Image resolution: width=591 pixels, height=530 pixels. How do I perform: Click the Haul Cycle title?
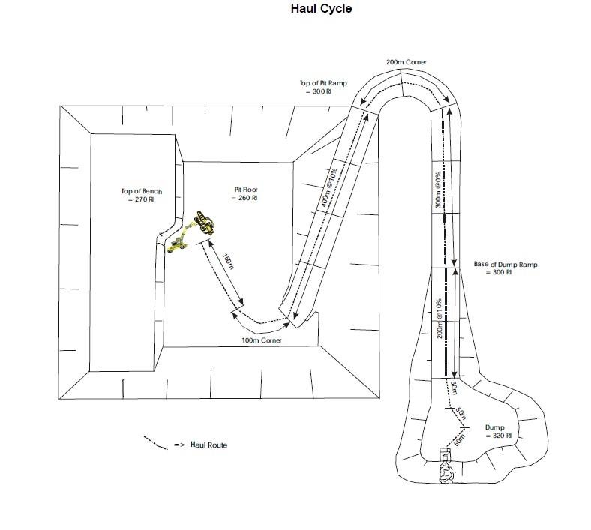pos(321,10)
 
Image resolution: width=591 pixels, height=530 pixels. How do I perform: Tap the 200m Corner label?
pos(406,61)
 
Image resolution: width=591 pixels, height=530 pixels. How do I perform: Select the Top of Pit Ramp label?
pos(322,87)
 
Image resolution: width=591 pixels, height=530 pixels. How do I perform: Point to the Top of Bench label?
pos(142,196)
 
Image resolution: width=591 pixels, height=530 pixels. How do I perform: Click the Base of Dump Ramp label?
pos(505,268)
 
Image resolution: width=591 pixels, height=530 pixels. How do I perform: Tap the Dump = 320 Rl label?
pos(495,431)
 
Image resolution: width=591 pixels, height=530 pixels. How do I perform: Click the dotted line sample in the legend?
pos(155,442)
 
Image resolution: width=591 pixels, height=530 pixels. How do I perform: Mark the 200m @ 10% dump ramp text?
pos(440,318)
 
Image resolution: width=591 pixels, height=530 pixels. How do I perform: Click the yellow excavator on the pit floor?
pos(202,223)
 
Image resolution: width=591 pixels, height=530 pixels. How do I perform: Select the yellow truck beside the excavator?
pos(178,243)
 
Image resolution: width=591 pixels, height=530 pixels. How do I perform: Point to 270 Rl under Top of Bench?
pos(142,200)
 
